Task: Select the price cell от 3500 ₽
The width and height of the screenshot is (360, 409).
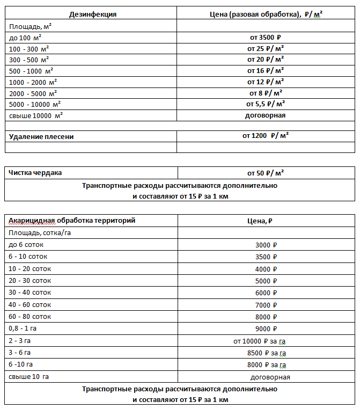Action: click(265, 38)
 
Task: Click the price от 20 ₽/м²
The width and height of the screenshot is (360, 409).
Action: click(265, 60)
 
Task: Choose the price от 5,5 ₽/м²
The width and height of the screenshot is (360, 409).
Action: click(265, 104)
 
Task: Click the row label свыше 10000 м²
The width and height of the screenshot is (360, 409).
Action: click(37, 115)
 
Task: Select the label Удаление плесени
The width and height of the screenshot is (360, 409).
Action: click(41, 136)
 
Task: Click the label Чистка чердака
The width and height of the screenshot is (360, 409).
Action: click(35, 173)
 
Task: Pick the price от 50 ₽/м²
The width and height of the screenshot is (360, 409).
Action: click(265, 173)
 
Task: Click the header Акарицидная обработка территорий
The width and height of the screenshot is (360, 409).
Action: click(72, 221)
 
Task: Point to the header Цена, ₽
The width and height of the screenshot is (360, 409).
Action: click(265, 221)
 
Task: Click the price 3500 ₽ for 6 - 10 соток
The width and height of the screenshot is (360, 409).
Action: click(266, 257)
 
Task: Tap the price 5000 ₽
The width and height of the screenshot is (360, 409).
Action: click(266, 281)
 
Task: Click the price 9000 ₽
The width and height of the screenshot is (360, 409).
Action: click(266, 328)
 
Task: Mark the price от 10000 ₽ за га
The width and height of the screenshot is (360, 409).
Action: click(263, 341)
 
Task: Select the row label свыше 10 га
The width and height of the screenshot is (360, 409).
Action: click(29, 377)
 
